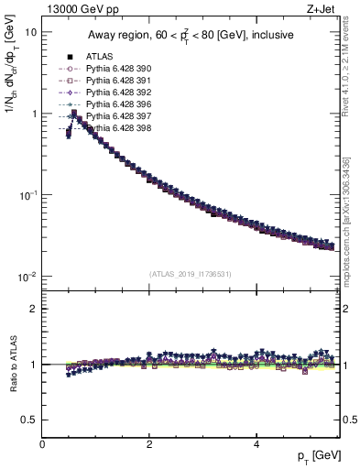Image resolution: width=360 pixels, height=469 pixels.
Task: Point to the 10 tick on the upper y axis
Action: pos(32,32)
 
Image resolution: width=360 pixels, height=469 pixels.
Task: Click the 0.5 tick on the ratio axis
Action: pos(29,420)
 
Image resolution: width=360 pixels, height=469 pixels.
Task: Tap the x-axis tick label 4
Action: pos(256,443)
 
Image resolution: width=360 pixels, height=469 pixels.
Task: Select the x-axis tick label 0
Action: pos(43,443)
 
